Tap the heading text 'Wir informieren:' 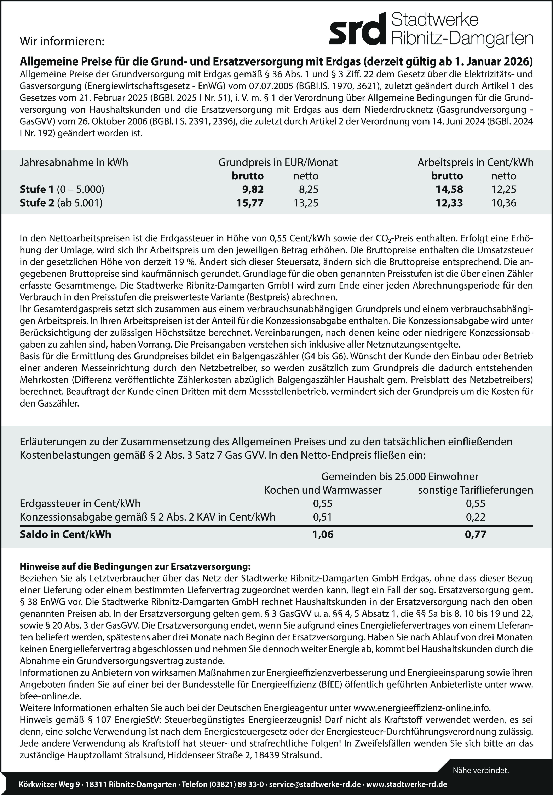click(x=62, y=42)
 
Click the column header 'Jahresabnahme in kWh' click(x=74, y=162)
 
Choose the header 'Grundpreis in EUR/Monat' click(x=278, y=162)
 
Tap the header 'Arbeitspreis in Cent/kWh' click(x=475, y=162)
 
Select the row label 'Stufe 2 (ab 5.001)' click(x=61, y=203)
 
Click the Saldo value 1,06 click(x=323, y=534)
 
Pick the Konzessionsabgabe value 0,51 click(x=322, y=517)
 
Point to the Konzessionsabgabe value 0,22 click(x=475, y=517)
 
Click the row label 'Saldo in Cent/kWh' click(x=65, y=534)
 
